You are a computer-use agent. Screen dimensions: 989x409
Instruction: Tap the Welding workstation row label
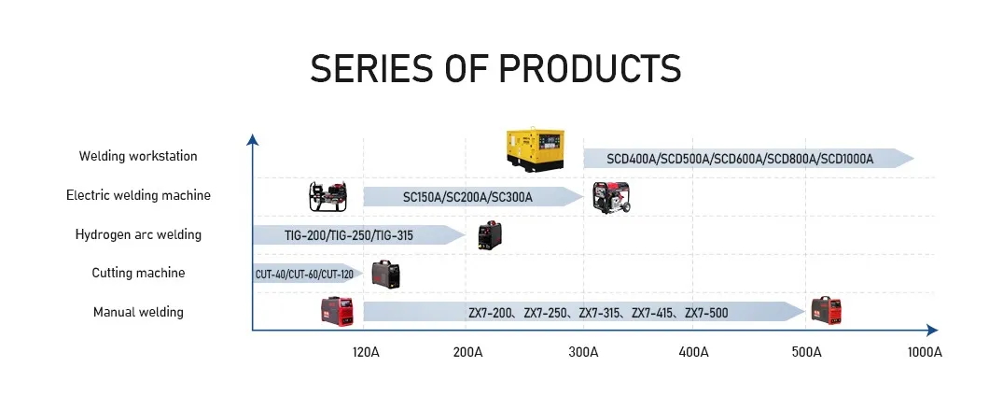coord(138,156)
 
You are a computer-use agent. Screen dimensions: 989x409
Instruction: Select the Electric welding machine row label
coord(138,195)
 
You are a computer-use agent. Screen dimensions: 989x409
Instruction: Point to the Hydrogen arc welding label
coord(138,234)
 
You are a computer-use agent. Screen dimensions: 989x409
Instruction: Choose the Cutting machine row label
coord(138,273)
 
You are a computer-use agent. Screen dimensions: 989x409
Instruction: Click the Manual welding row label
coord(138,312)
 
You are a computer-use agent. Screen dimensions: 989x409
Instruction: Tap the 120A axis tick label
coord(366,352)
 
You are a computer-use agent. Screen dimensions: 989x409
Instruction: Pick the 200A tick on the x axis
coord(467,352)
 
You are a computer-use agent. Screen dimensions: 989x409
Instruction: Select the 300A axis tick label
coord(583,352)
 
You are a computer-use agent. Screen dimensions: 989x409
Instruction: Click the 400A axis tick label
coord(693,352)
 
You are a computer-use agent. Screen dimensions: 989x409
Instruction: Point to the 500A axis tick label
coord(807,352)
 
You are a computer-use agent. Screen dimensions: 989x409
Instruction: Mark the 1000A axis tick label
coord(925,352)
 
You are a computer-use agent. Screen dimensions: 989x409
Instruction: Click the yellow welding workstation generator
coord(535,149)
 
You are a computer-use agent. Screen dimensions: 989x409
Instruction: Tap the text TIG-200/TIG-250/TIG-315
coord(349,235)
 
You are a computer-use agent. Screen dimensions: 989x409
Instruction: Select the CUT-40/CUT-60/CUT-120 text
coord(304,275)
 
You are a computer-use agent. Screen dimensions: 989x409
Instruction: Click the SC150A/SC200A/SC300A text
coord(467,197)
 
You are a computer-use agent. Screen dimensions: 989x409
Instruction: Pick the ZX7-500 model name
coord(706,313)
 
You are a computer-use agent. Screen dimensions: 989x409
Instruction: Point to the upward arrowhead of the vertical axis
coord(252,139)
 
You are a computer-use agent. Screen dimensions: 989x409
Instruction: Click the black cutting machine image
coord(385,275)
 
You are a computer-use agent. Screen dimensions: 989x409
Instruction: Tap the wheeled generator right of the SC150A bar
coord(612,197)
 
